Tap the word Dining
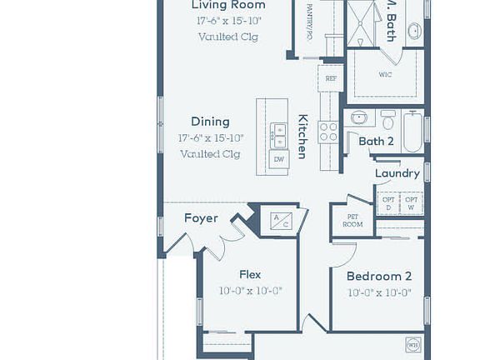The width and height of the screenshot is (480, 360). click(x=210, y=122)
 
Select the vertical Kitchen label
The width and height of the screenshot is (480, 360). click(x=302, y=136)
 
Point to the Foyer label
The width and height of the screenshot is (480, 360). click(x=201, y=218)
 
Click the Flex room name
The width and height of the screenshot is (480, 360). click(x=250, y=274)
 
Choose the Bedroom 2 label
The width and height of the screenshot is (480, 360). click(x=379, y=276)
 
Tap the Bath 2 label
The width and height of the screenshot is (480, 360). click(x=377, y=141)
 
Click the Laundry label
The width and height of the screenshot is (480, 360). click(x=397, y=173)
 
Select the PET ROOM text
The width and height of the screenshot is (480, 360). click(x=353, y=220)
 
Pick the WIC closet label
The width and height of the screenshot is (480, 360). click(x=385, y=74)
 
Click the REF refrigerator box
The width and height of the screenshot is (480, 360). click(x=331, y=79)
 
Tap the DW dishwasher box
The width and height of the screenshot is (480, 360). click(x=278, y=158)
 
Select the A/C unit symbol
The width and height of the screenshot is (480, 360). click(x=281, y=219)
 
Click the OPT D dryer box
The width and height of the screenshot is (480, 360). click(x=388, y=203)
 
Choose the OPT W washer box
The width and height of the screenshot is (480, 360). click(x=412, y=203)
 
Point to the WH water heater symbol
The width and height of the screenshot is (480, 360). click(x=412, y=344)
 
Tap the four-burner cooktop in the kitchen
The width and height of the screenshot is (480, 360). click(x=328, y=132)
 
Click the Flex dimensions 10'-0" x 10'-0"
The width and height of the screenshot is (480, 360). click(x=250, y=291)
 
